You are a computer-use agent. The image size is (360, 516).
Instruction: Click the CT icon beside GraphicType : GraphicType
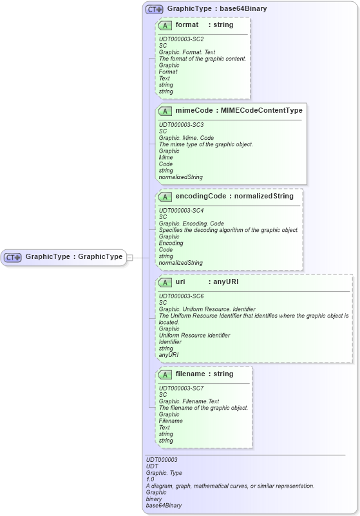[13, 257]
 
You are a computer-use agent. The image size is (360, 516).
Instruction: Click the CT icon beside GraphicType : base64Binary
[154, 9]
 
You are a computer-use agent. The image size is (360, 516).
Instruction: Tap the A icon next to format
[165, 25]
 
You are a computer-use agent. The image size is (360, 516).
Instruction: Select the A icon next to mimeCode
[165, 111]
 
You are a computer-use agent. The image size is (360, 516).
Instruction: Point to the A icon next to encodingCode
[165, 196]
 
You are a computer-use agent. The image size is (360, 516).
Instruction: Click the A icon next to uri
[165, 282]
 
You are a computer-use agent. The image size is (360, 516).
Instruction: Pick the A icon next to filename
[165, 374]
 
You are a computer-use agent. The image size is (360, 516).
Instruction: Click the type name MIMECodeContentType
[261, 111]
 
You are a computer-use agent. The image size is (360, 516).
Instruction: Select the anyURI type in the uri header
[226, 282]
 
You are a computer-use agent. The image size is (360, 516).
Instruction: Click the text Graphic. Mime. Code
[186, 138]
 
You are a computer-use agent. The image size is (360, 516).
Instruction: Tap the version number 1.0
[150, 479]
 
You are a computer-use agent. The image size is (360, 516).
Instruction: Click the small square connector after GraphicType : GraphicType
[129, 257]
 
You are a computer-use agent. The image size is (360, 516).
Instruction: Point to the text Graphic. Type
[164, 473]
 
